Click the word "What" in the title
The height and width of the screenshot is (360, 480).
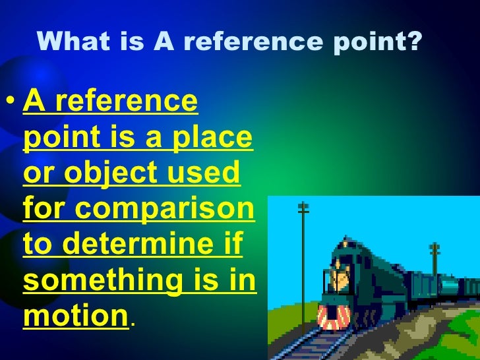click(68, 43)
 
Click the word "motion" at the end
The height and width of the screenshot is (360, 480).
click(75, 315)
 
